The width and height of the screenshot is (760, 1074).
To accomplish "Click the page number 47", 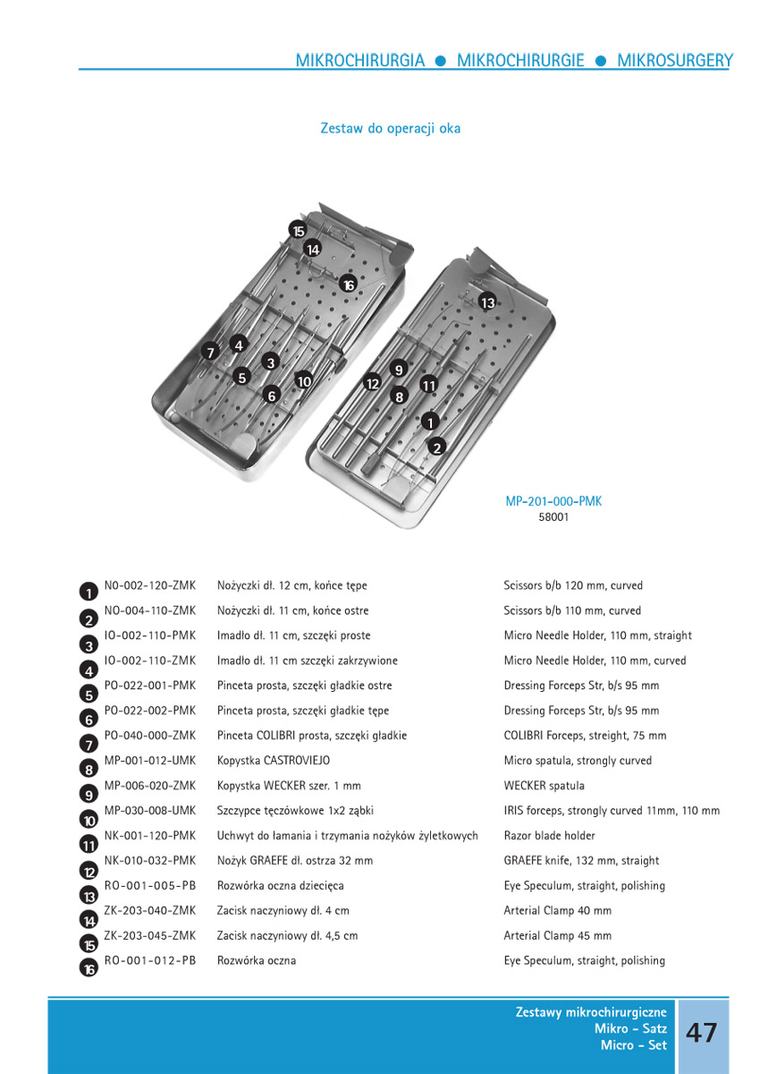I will click(701, 1032).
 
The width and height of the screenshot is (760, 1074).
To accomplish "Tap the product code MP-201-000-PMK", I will click(553, 501).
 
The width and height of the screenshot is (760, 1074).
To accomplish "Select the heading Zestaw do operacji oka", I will click(391, 128).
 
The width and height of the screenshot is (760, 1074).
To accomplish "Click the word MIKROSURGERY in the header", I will click(674, 61).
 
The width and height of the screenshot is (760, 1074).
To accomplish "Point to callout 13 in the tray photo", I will click(487, 303).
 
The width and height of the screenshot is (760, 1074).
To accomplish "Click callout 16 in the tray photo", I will click(348, 285).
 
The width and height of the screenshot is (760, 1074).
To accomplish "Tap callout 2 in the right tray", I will click(437, 446).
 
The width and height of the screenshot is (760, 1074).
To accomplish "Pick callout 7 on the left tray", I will click(211, 352).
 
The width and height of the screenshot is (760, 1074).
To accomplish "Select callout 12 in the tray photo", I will click(373, 383).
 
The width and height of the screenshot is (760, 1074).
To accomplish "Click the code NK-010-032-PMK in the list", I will click(149, 861).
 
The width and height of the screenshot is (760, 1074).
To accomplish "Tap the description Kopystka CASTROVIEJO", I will click(274, 761).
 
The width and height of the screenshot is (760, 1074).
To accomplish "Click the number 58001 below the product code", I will click(553, 517).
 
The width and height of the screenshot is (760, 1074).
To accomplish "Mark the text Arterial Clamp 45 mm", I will click(558, 936).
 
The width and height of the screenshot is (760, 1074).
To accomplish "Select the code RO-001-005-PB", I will click(149, 886).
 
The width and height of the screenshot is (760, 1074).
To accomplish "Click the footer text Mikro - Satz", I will click(630, 1029).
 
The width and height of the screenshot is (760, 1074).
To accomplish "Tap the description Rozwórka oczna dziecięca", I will click(280, 886).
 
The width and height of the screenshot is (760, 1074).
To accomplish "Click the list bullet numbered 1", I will click(89, 592).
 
